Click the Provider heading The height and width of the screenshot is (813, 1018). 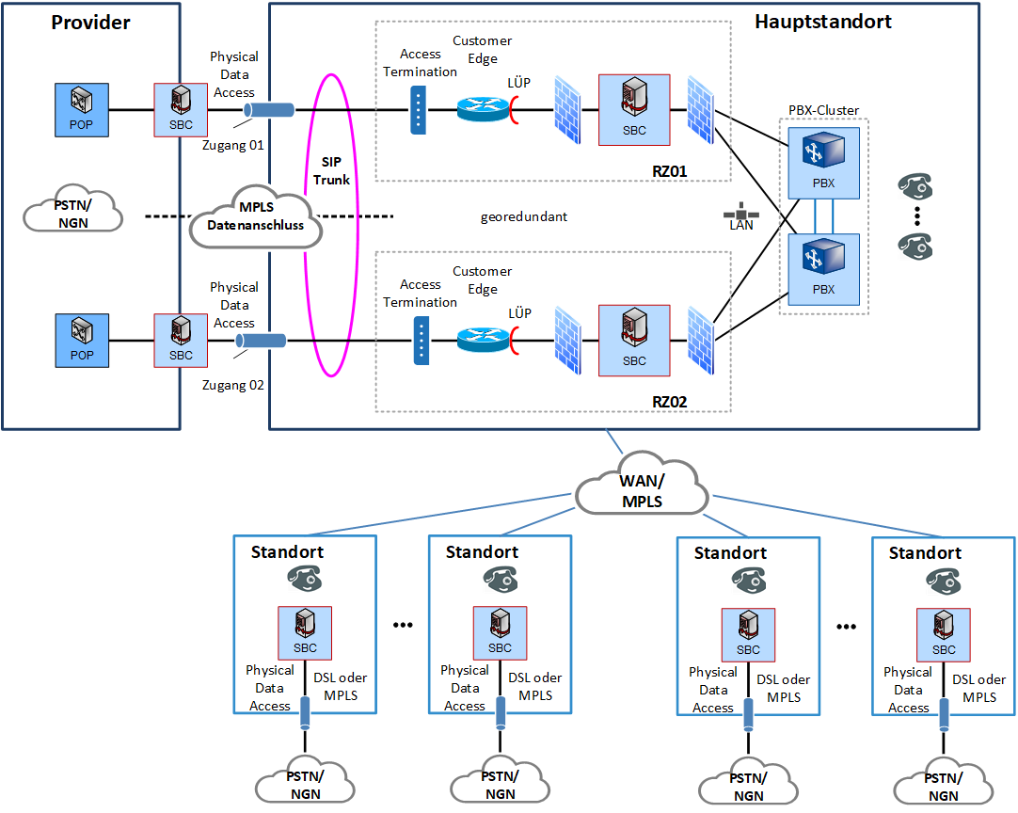(x=90, y=22)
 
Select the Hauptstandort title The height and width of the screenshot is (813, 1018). (x=823, y=21)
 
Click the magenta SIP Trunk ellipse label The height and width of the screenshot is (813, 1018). (x=330, y=171)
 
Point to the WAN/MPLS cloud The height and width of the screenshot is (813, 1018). (x=642, y=490)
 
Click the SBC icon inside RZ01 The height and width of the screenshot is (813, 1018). (x=633, y=108)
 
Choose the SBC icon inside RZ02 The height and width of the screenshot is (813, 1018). (x=633, y=339)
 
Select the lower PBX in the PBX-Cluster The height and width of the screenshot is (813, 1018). (x=823, y=268)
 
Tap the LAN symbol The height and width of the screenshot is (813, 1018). (x=741, y=215)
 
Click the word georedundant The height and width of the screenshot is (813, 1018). (x=524, y=216)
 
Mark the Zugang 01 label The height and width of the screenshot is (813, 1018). (x=232, y=145)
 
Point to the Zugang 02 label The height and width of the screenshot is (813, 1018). (x=232, y=384)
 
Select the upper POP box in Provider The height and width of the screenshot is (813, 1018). (x=81, y=109)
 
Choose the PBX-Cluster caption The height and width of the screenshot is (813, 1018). (x=823, y=110)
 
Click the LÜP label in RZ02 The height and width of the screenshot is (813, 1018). (x=519, y=312)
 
